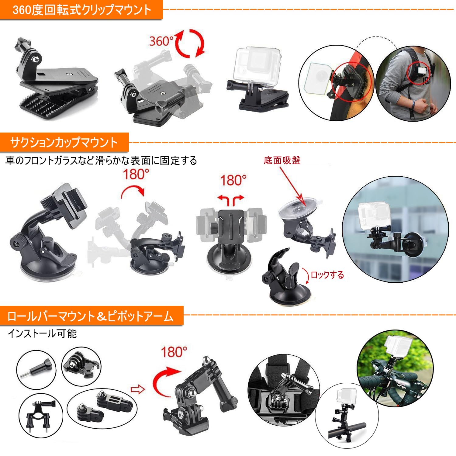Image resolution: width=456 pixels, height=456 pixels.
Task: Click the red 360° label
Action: pyautogui.click(x=161, y=41)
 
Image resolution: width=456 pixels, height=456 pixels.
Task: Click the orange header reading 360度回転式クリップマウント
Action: pyautogui.click(x=81, y=10)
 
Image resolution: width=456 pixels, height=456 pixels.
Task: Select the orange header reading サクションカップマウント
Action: pyautogui.click(x=64, y=142)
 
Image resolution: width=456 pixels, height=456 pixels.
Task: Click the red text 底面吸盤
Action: pyautogui.click(x=282, y=160)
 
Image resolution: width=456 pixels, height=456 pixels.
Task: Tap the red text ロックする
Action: pyautogui.click(x=327, y=275)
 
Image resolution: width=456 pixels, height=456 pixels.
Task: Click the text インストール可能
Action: pyautogui.click(x=42, y=333)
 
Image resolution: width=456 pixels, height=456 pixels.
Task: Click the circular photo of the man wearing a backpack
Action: pyautogui.click(x=413, y=84)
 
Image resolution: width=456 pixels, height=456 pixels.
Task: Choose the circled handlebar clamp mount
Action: pyautogui.click(x=41, y=415)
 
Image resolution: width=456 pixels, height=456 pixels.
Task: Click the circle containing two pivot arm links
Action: pyautogui.click(x=102, y=408)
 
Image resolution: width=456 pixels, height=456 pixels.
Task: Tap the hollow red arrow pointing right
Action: pyautogui.click(x=137, y=390)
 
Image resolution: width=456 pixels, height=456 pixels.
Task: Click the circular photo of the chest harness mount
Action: pyautogui.click(x=283, y=390)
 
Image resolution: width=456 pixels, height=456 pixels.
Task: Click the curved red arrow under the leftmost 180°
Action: pyautogui.click(x=133, y=192)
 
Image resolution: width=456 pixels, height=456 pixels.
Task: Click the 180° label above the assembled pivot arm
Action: pyautogui.click(x=174, y=352)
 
